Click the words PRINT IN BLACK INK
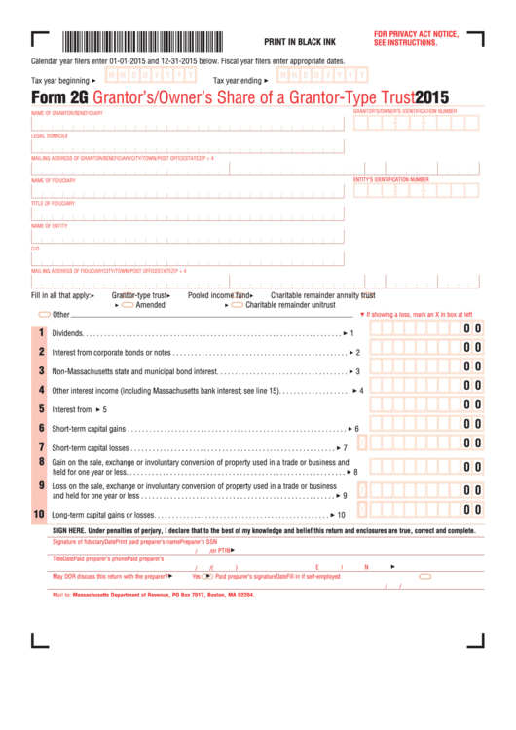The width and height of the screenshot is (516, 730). tap(301, 42)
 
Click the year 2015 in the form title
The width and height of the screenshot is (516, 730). tap(431, 96)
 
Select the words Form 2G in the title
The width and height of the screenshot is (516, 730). tap(57, 96)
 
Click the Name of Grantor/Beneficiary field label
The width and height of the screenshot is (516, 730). tap(66, 113)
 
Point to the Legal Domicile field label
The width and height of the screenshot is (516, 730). tap(50, 136)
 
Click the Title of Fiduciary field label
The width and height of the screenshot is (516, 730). tap(53, 203)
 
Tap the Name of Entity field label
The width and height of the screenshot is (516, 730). tap(50, 226)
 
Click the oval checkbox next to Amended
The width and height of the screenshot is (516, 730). tap(128, 305)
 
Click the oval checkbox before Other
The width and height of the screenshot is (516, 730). tap(44, 315)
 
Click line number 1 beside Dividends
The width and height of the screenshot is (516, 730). tap(41, 333)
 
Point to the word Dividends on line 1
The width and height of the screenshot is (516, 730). tap(67, 333)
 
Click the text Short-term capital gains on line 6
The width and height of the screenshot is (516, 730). tap(89, 429)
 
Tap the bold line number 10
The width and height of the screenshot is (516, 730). tap(39, 514)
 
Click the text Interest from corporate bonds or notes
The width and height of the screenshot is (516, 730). tap(111, 353)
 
